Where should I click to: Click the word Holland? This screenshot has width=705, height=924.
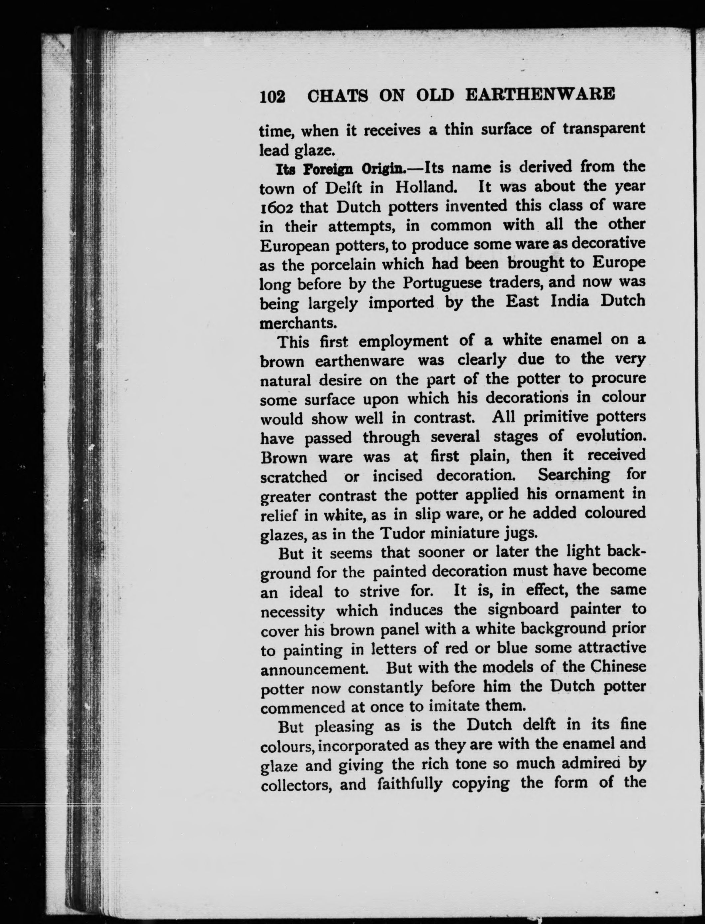tap(426, 188)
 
